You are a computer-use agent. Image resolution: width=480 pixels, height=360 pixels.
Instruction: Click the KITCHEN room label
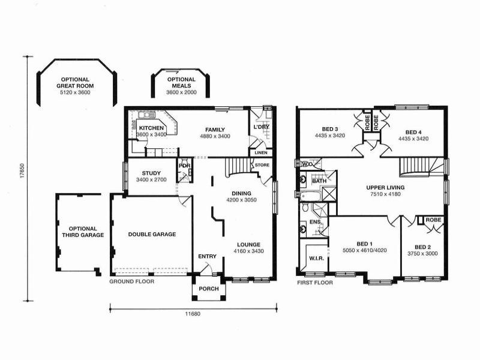151,128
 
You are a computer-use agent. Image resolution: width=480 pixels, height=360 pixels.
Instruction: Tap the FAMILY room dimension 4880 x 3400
214,136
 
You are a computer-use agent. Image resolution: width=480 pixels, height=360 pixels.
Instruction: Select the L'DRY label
261,128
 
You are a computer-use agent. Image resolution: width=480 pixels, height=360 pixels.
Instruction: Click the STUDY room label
152,173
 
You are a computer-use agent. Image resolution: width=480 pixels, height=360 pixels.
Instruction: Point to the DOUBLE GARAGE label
152,235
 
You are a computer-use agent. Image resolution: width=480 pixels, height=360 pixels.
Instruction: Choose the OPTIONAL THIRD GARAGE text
86,232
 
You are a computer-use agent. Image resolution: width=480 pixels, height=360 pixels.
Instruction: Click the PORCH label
209,289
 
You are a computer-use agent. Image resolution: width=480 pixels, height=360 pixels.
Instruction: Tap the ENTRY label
207,257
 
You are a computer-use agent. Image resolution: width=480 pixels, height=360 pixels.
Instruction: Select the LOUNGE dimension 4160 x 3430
248,251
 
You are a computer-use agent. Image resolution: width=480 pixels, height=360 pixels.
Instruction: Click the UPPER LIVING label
385,187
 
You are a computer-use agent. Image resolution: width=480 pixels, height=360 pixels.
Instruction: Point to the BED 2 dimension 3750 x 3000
422,254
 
